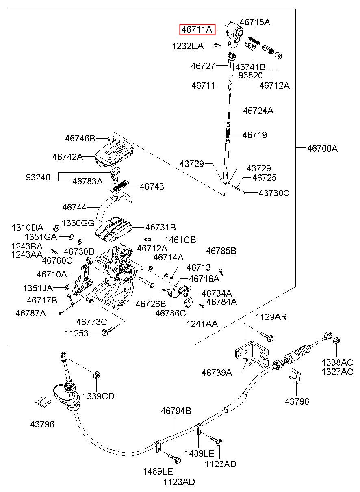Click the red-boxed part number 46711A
197,29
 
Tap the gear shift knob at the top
234,34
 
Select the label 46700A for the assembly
322,148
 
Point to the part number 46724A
258,111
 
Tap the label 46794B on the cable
176,411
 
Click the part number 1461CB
180,240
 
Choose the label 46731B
160,227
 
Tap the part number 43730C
274,193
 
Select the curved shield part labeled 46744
114,205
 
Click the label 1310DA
28,228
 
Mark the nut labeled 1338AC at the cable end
336,341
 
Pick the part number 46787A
31,313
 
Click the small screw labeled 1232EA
217,45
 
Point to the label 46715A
255,22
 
